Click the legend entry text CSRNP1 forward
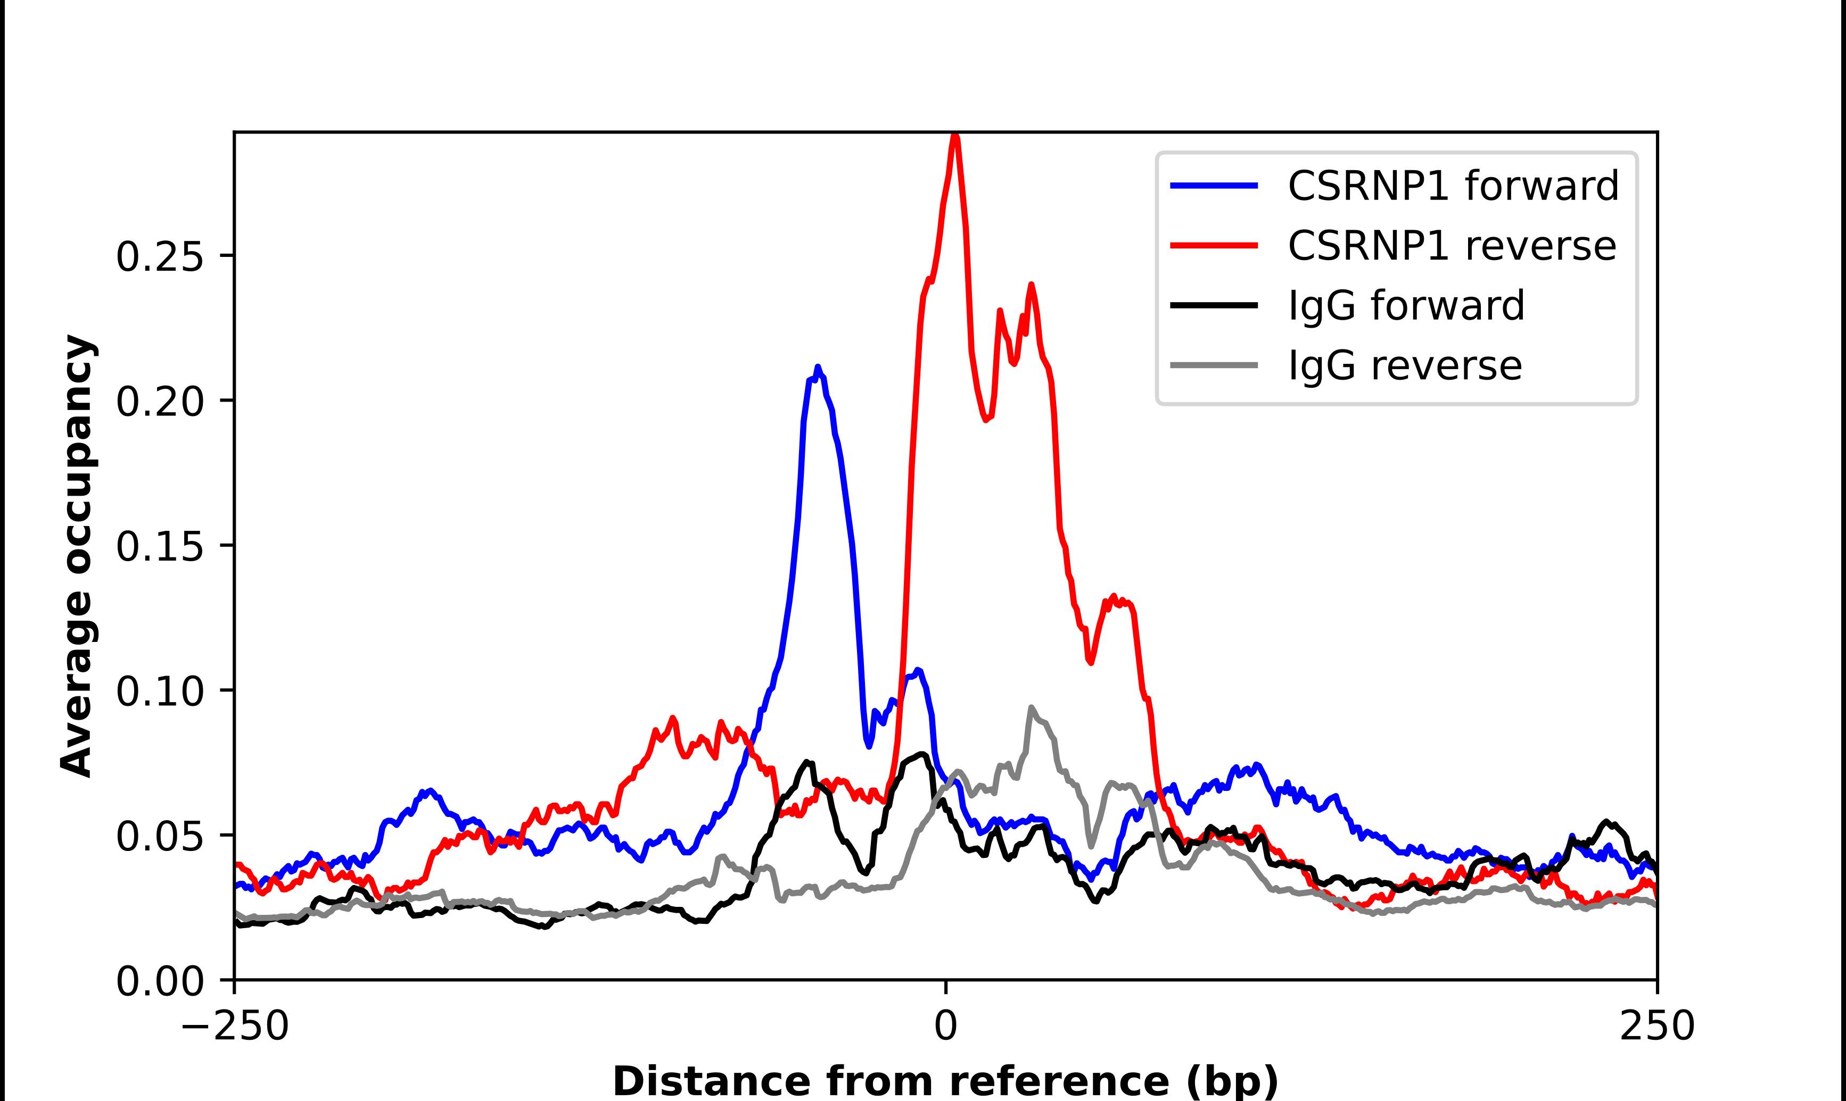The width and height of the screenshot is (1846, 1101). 1453,186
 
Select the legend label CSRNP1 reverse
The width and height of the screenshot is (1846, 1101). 1451,246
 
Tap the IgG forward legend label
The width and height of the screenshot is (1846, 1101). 1406,306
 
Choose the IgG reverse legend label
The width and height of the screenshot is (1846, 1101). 1404,365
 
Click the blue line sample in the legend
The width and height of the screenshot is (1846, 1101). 1214,186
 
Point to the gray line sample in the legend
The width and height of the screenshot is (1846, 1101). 1214,365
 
